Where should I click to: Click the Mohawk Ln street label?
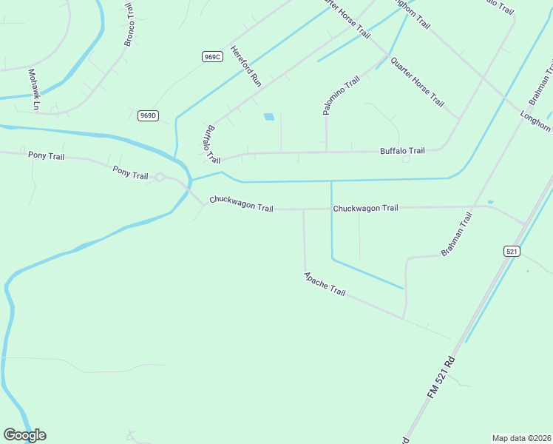[33, 90]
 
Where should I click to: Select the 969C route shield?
[211, 56]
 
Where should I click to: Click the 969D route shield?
[148, 115]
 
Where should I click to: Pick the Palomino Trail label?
[341, 95]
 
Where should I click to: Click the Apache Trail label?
[325, 284]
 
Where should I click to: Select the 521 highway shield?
[512, 252]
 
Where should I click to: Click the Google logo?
[24, 435]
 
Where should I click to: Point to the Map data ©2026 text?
[521, 438]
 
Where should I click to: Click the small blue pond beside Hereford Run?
[269, 116]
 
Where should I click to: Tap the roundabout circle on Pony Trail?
[159, 177]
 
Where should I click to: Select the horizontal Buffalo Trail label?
[402, 151]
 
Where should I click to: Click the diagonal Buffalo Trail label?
[212, 144]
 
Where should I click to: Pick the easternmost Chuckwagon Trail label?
[365, 208]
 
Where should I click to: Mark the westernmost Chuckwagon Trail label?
[241, 203]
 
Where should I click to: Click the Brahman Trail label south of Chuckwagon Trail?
[456, 235]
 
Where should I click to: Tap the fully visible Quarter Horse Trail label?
[417, 81]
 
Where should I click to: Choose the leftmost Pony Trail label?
[47, 155]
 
